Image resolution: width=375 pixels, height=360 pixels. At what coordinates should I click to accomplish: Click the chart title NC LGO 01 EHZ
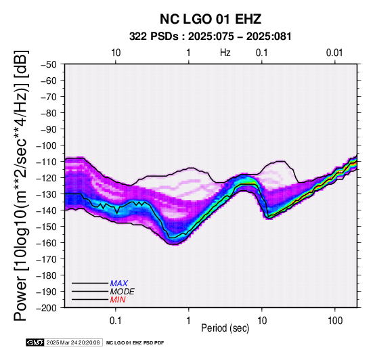[x=211, y=19]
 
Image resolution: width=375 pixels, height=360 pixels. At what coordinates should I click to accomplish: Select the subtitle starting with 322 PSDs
[x=211, y=37]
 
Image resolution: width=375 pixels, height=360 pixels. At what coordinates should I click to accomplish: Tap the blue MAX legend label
[x=119, y=284]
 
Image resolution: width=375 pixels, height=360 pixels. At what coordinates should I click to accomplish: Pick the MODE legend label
[x=123, y=292]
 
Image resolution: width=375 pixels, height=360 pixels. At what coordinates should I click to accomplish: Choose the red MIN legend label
[x=118, y=300]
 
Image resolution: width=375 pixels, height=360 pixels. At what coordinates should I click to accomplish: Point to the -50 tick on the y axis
[x=48, y=64]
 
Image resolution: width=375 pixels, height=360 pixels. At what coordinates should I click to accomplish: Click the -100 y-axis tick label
[x=47, y=145]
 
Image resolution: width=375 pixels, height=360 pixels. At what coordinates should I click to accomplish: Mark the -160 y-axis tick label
[x=47, y=243]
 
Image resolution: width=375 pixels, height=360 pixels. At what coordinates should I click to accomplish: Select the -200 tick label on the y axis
[x=47, y=308]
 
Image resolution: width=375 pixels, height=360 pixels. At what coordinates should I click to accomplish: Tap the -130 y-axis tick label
[x=47, y=194]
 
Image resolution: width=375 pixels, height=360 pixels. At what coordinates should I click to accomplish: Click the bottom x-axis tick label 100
[x=335, y=321]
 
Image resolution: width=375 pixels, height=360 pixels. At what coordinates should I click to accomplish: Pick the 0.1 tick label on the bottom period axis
[x=116, y=321]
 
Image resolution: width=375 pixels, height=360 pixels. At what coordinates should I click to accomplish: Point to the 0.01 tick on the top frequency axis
[x=334, y=53]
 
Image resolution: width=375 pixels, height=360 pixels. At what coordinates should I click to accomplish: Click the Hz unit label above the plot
[x=225, y=53]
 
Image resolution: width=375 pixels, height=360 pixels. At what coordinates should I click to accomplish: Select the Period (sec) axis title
[x=225, y=328]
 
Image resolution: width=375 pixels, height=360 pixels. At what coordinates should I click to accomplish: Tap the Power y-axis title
[x=20, y=185]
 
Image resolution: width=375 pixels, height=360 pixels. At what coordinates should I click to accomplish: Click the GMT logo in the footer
[x=35, y=342]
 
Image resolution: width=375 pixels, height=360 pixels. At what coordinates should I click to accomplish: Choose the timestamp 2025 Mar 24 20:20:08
[x=73, y=342]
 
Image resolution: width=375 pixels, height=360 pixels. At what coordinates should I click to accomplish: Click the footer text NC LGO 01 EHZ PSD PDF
[x=135, y=343]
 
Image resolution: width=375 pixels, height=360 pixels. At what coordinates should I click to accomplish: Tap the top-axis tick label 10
[x=116, y=53]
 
